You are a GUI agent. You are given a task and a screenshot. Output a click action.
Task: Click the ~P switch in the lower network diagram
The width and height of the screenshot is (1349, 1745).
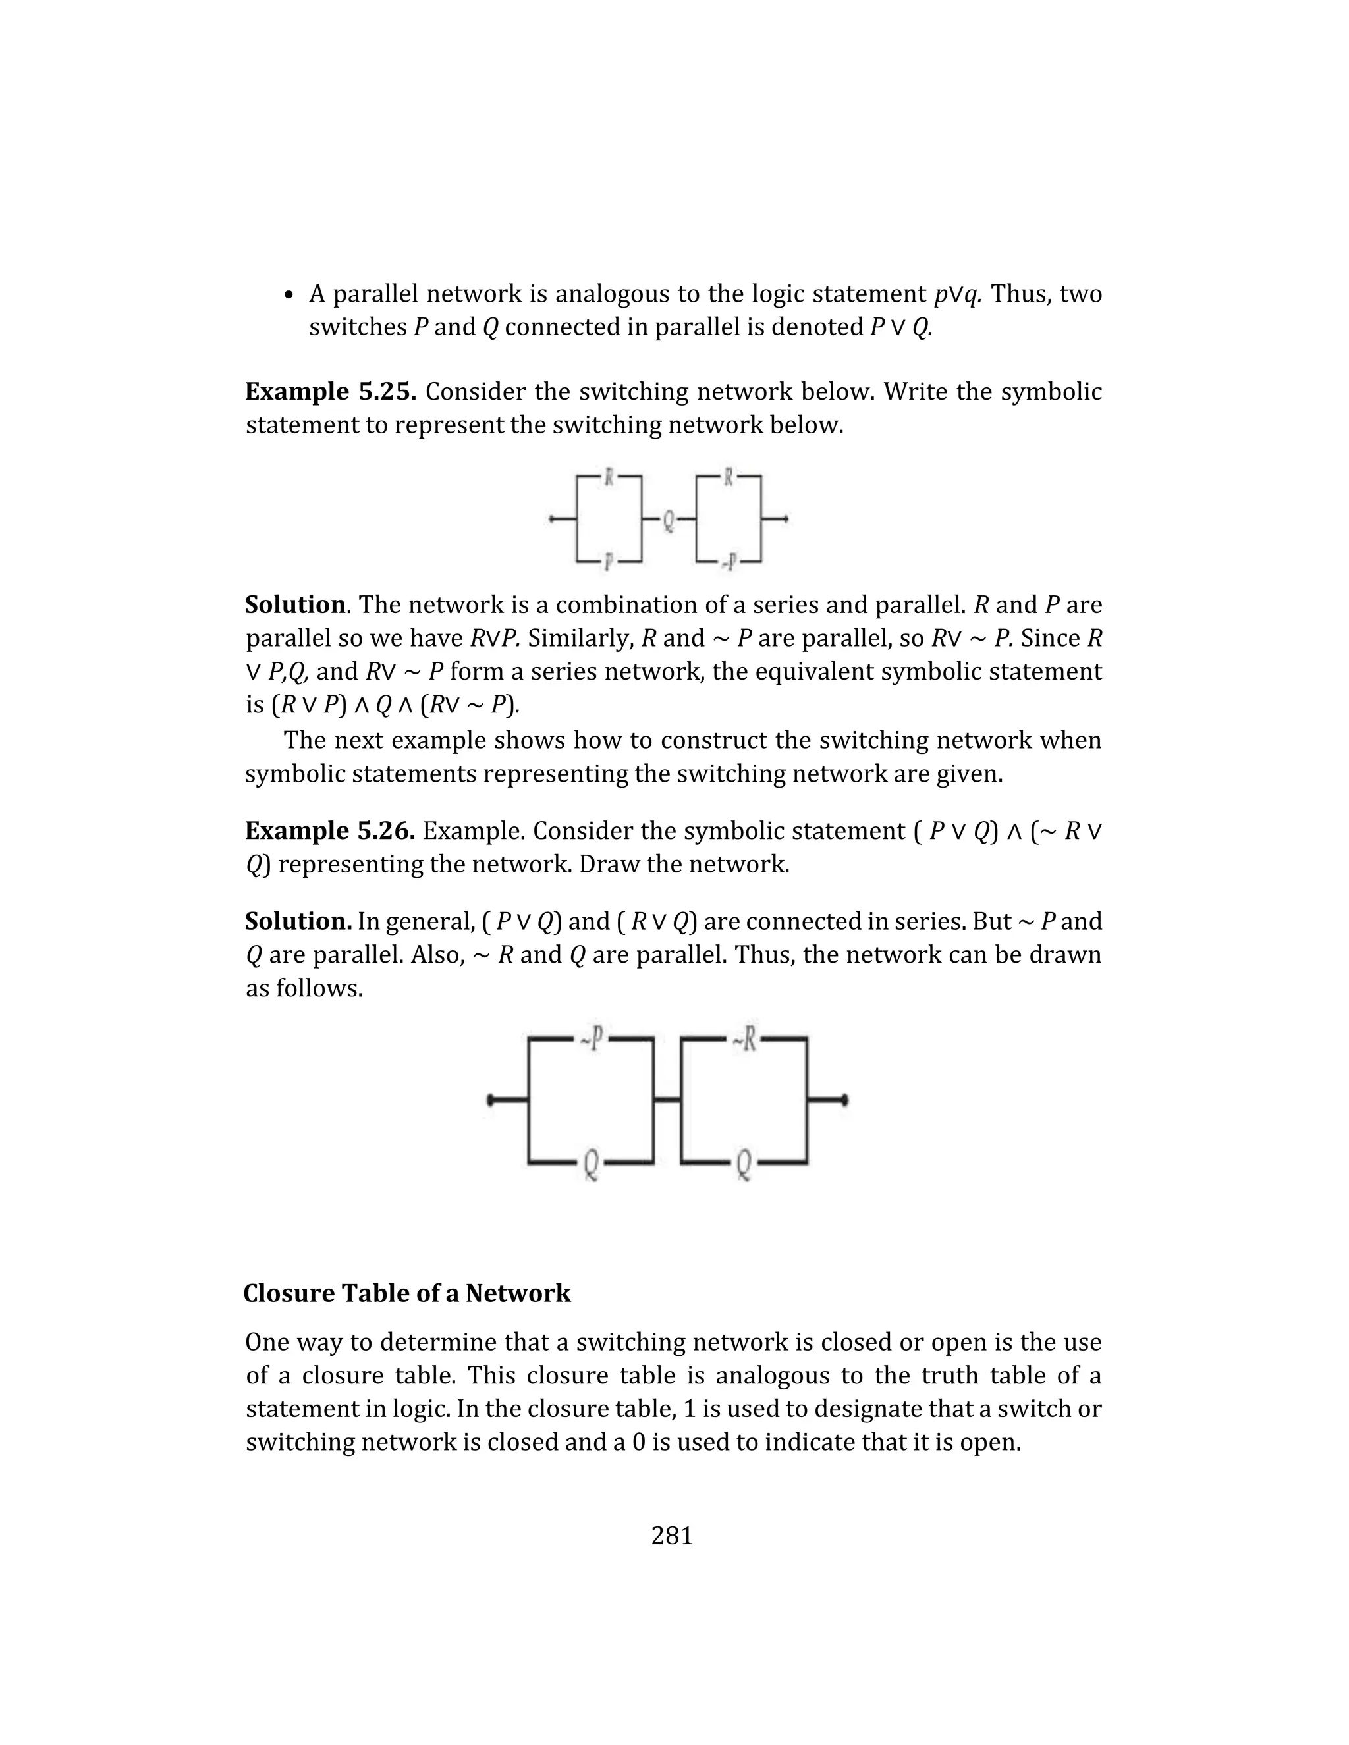pyautogui.click(x=592, y=1040)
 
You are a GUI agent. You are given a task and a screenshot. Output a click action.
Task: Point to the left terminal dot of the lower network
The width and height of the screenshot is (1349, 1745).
pyautogui.click(x=491, y=1100)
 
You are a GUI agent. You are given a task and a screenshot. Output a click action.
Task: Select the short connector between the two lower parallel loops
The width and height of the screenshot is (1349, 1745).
pyautogui.click(x=667, y=1100)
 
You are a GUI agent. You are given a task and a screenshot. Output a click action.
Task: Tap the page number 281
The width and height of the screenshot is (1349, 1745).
pyautogui.click(x=672, y=1536)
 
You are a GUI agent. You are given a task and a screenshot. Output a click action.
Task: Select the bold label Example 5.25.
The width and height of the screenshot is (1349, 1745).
pyautogui.click(x=330, y=392)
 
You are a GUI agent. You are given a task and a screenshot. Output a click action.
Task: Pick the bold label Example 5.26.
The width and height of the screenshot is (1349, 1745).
pyautogui.click(x=330, y=831)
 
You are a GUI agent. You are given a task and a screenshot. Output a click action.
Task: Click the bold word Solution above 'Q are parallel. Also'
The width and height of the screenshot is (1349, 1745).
pyautogui.click(x=298, y=921)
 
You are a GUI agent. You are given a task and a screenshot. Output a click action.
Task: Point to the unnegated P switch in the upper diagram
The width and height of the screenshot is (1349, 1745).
pyautogui.click(x=608, y=562)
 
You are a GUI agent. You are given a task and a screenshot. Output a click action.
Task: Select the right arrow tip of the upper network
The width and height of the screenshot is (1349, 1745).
pyautogui.click(x=786, y=520)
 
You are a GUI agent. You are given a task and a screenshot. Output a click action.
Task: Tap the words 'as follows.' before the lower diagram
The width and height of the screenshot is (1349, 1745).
pyautogui.click(x=304, y=988)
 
